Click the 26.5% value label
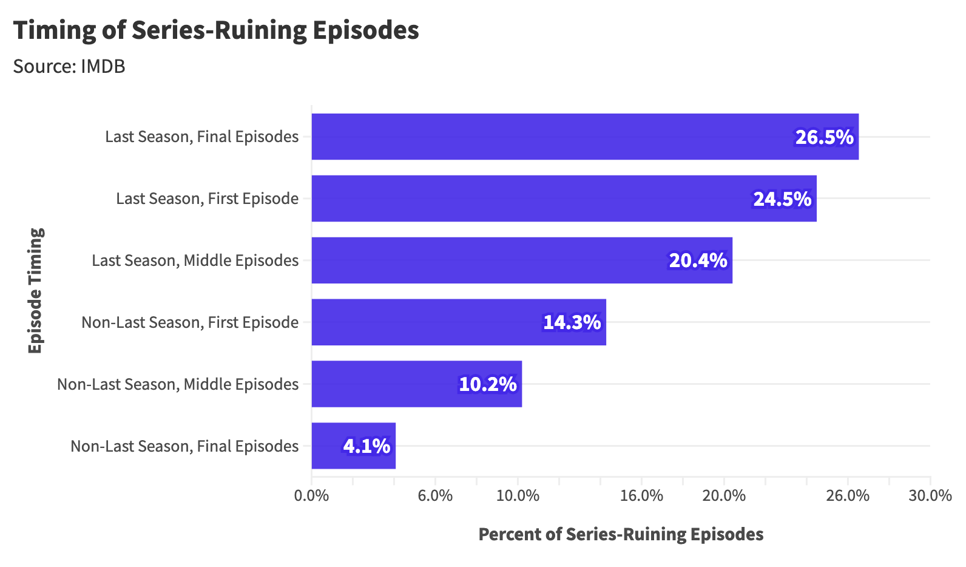(824, 137)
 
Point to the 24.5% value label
(782, 199)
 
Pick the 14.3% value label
(572, 322)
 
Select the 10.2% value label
(487, 384)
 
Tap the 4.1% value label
(366, 446)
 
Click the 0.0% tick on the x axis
(311, 495)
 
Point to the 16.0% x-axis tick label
(641, 495)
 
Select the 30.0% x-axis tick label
(930, 495)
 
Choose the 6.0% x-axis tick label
(435, 495)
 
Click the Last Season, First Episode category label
(207, 199)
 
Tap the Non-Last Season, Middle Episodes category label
(178, 384)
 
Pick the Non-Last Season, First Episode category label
(190, 322)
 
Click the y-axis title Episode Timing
(36, 291)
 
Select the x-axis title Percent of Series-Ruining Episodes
(621, 534)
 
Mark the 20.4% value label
(698, 260)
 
